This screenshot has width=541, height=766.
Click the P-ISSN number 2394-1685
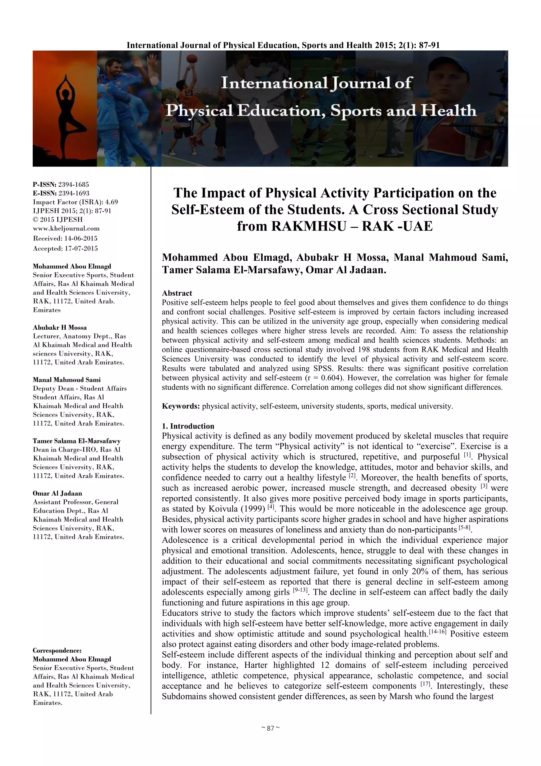pos(74,184)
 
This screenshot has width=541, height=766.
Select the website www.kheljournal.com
pos(66,229)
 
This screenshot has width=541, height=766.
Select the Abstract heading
pos(177,293)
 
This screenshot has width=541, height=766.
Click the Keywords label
pos(181,406)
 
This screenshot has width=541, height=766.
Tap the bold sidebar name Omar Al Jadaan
pos(57,493)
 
